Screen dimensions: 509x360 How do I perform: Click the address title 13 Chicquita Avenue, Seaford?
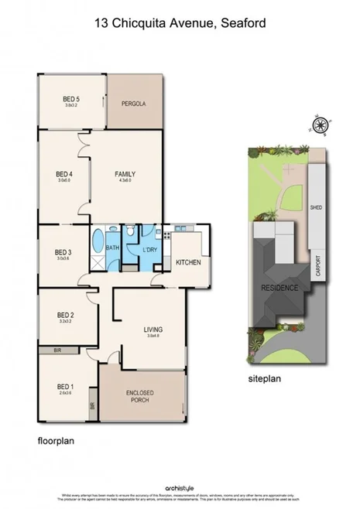coord(180,24)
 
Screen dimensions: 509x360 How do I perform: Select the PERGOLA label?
coord(134,104)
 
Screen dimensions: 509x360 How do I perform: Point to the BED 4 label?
coord(64,174)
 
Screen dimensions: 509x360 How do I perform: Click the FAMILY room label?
coord(125,174)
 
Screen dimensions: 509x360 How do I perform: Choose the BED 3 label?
coord(63,252)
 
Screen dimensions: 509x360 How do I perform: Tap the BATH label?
coord(112,248)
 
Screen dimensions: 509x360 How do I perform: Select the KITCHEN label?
coord(188,263)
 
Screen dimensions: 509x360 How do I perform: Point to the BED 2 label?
coord(65,315)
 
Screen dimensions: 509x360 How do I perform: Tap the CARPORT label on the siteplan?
coord(317,271)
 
